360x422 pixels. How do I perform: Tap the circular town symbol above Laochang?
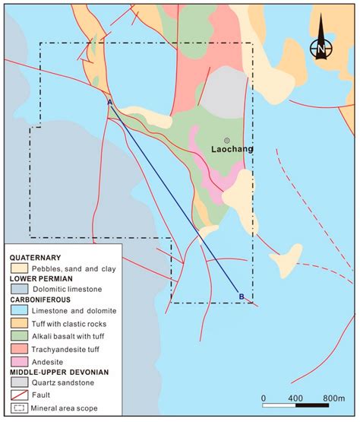tap(226, 139)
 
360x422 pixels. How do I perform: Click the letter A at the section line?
tap(110, 101)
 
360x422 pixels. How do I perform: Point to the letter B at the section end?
tap(242, 296)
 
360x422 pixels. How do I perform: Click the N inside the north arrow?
tap(322, 51)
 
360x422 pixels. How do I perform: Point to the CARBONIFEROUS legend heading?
tap(43, 300)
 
